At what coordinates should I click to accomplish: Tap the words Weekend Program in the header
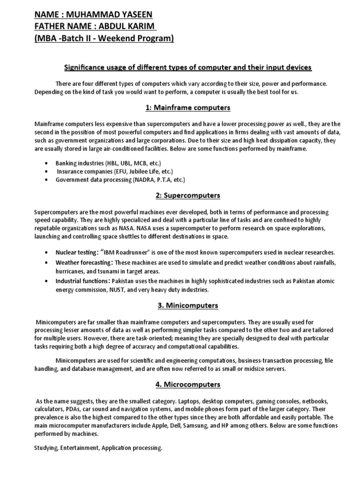pyautogui.click(x=140, y=38)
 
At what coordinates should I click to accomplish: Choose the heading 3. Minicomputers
pyautogui.click(x=187, y=306)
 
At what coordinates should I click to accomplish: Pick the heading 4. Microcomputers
pyautogui.click(x=187, y=385)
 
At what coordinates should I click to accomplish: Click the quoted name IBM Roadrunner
pyautogui.click(x=113, y=252)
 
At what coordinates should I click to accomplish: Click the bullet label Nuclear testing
pyautogui.click(x=76, y=252)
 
